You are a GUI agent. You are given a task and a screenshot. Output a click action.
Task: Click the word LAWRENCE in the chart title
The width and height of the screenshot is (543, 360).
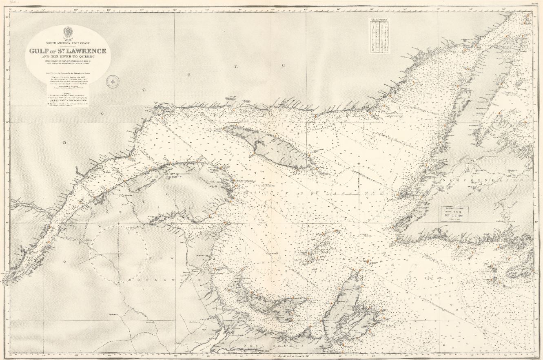click(84, 51)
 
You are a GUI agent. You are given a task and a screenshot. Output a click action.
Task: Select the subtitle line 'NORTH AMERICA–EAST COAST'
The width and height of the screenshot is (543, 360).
click(68, 43)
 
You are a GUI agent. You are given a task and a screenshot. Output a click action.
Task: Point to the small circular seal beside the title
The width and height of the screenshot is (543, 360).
click(112, 82)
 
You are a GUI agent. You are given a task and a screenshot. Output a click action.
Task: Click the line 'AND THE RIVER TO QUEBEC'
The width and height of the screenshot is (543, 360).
click(68, 57)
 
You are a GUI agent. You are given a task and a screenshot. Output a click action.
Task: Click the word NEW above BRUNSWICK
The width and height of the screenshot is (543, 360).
click(158, 258)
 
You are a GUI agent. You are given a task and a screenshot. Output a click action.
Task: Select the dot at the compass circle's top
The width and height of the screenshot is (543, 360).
click(118, 224)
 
